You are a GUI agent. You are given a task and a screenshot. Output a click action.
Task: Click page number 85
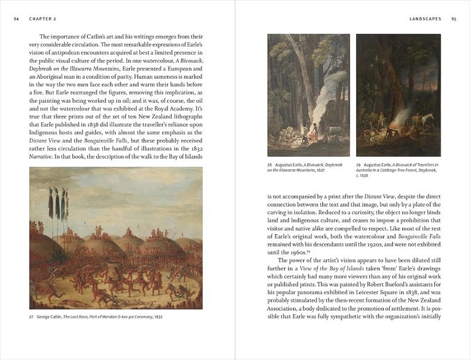(454, 19)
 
